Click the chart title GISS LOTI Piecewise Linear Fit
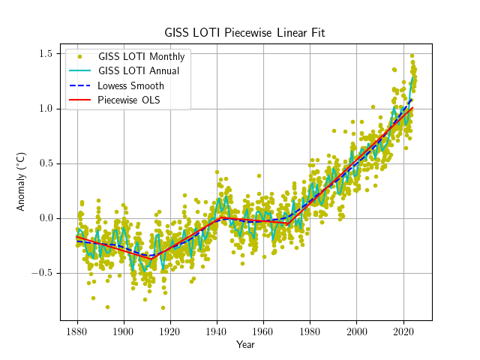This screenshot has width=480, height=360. click(x=245, y=33)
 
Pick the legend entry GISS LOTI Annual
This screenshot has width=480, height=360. click(x=138, y=71)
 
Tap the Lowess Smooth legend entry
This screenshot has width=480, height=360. click(x=130, y=85)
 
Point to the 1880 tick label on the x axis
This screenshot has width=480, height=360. click(x=76, y=331)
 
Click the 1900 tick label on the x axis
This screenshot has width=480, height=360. click(x=123, y=331)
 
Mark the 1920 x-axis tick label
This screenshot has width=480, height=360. click(x=170, y=331)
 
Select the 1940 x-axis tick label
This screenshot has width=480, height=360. click(x=217, y=331)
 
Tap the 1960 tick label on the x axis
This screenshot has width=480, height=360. click(x=263, y=331)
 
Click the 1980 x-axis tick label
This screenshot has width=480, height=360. click(x=310, y=331)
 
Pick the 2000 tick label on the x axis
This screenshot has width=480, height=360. click(x=357, y=331)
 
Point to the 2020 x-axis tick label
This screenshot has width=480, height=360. click(x=403, y=331)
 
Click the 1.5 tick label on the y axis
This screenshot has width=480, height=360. click(x=45, y=54)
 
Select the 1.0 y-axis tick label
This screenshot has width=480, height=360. click(x=45, y=109)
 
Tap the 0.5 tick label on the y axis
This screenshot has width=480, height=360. click(x=45, y=163)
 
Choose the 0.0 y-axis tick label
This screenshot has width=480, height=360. click(x=45, y=218)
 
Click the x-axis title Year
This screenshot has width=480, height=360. click(x=245, y=345)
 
